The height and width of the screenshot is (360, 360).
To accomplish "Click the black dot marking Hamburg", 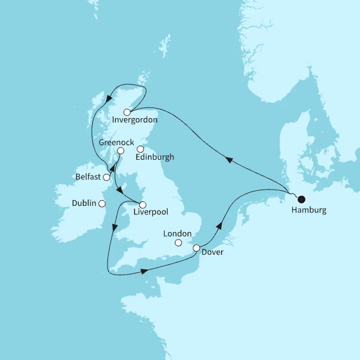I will pos(301,199).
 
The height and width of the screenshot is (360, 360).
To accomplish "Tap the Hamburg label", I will pos(309,210).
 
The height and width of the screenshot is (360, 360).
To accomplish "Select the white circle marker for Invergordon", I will pos(128,112).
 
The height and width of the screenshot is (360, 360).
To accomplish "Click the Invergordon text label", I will pos(135,120).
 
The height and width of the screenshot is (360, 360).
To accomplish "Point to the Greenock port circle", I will pos(120,151).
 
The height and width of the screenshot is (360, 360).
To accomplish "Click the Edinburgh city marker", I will pos(140,149).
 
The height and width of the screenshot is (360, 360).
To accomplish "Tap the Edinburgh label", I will pos(155,157).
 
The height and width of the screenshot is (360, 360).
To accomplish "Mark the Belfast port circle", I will pos(106,177).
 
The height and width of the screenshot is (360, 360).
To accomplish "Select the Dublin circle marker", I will pos(102,203).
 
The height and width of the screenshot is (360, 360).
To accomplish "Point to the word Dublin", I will pos(84,203).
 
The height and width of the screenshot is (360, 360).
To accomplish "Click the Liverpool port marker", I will pos(143,205).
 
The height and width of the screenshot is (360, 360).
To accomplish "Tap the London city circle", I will pos(178,242).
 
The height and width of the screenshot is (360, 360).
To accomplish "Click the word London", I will pos(178,233).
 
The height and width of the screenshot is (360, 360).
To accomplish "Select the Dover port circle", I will pos(196,247).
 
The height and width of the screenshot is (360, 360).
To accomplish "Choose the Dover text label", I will pos(212,252).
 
